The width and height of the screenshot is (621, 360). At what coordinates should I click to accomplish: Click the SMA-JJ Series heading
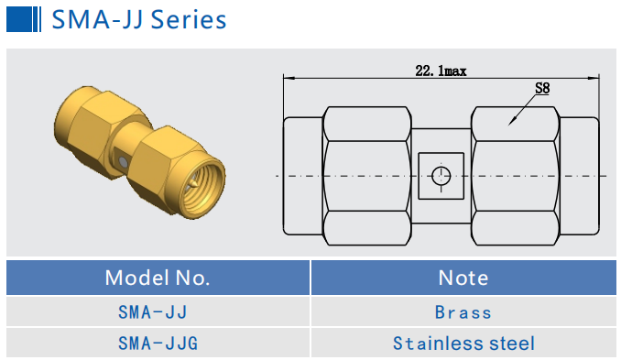pos(139,19)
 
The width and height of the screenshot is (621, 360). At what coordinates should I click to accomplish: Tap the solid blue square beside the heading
pos(18,19)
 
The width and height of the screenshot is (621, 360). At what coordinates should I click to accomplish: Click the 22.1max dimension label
pos(441,71)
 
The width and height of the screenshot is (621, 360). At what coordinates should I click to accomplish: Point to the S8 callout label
pos(542,88)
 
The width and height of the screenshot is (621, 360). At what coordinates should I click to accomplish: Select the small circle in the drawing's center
pos(441,176)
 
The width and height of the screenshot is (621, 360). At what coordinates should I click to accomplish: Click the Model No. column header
pos(158,278)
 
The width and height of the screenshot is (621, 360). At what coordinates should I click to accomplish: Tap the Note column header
pos(463,278)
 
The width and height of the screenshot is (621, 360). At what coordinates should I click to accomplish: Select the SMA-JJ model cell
pos(152,312)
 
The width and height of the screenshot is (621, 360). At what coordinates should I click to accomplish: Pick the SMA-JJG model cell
pos(158,343)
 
